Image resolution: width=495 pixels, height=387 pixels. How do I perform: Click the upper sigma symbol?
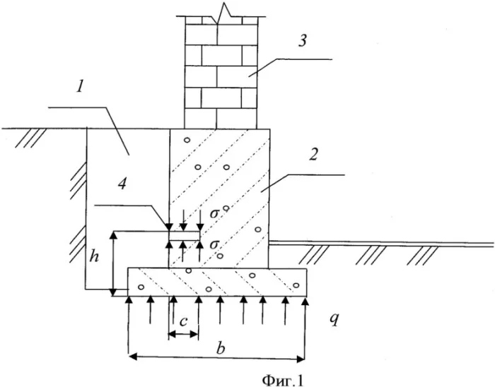[x=214, y=212]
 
